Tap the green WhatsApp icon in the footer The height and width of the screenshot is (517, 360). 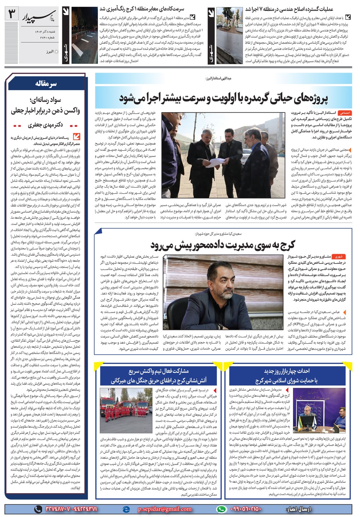click(x=221, y=509)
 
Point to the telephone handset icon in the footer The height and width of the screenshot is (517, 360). click(x=38, y=509)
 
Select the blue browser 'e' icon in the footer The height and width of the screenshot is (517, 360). click(x=126, y=509)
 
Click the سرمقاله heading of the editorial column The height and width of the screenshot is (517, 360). click(x=46, y=84)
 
